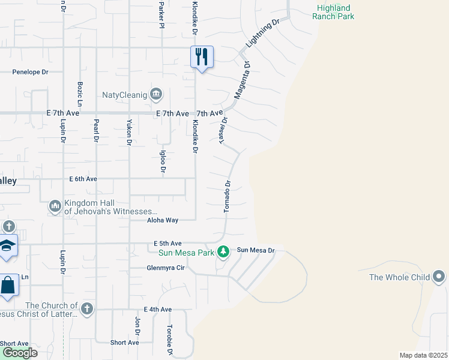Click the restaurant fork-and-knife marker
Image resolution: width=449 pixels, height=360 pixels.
coord(202,58)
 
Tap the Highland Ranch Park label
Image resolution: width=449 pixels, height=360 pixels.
coord(333,12)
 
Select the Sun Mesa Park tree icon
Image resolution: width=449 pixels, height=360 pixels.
coord(223,251)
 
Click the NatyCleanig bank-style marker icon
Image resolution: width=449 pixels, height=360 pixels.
coord(156,94)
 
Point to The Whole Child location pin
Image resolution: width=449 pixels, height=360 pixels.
coord(439,277)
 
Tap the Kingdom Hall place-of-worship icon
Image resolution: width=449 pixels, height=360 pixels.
coord(55,206)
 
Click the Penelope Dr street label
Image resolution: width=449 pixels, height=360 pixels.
coord(30,72)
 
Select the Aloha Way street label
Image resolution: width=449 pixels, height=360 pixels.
coord(163,220)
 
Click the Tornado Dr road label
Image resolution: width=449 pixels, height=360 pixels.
coord(228,196)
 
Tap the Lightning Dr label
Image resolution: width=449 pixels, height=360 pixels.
coord(264,34)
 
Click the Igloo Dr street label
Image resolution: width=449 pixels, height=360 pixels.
coord(163,160)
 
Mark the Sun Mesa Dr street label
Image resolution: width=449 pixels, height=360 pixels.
coord(256,250)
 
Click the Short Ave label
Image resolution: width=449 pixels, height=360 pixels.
coord(125,343)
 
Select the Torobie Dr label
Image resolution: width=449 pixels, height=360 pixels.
coord(170,339)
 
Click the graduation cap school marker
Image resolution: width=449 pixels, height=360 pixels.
coord(7,247)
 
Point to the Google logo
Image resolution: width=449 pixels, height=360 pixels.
coord(20,353)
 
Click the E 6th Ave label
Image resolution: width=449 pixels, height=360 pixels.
coord(83,179)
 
